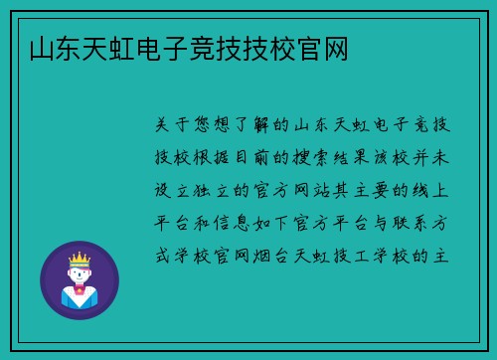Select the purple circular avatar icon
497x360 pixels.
click(79, 279)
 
